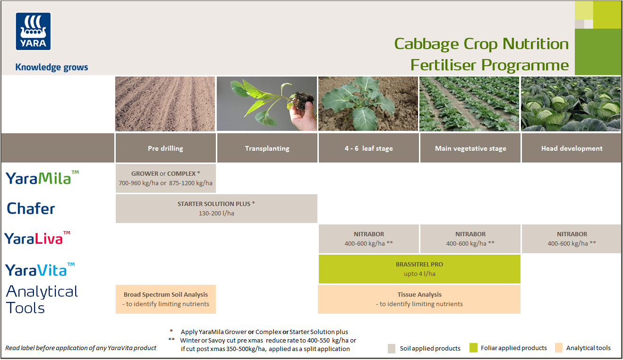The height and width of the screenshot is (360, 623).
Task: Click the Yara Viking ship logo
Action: (x=34, y=31)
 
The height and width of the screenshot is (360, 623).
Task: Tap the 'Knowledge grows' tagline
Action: (x=51, y=67)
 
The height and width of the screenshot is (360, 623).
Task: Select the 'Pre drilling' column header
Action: (x=165, y=148)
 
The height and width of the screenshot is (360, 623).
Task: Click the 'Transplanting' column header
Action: (x=267, y=148)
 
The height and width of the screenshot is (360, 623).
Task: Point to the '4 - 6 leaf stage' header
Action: (x=368, y=148)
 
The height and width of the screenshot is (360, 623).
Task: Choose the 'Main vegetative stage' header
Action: (x=470, y=148)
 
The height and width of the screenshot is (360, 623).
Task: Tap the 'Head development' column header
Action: (x=572, y=148)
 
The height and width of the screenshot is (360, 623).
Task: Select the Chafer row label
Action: (x=31, y=208)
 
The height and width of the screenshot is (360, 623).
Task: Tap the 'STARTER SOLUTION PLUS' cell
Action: (x=216, y=208)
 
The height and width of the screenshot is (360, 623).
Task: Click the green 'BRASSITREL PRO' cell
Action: (x=419, y=269)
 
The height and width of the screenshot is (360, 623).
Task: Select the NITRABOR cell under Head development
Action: (x=572, y=239)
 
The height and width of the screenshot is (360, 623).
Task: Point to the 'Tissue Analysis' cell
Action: (x=419, y=299)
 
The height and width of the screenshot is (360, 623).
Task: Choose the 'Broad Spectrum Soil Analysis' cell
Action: (x=165, y=299)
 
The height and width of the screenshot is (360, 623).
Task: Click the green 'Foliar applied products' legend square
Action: (x=474, y=348)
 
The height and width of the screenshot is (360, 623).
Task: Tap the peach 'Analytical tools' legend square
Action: (x=559, y=348)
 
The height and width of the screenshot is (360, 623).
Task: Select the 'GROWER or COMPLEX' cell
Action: (x=165, y=178)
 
